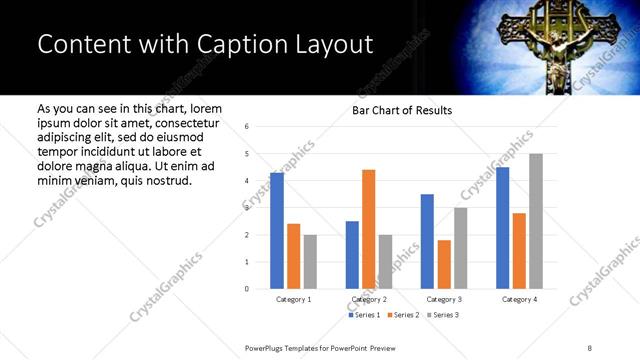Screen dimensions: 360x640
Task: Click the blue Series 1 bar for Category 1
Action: pos(277,231)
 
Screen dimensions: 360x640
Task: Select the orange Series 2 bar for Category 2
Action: pos(369,229)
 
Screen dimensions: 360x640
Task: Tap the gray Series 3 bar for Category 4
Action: pos(536,221)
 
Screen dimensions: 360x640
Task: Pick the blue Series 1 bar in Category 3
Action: pos(427,241)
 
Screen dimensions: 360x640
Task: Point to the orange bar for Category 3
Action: pos(444,264)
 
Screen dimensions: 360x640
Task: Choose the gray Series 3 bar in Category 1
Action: pos(311,262)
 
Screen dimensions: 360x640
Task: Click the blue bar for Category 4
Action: pos(503,228)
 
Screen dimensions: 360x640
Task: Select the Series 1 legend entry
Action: pos(363,315)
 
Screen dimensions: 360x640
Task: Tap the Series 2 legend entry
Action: pos(402,315)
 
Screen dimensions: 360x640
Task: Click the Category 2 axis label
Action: pos(369,299)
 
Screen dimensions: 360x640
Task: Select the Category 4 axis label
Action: pos(519,299)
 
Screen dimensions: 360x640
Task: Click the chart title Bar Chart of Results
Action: pos(402,110)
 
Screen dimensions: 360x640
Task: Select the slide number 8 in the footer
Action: pos(590,347)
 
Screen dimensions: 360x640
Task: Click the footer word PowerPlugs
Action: pos(266,347)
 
